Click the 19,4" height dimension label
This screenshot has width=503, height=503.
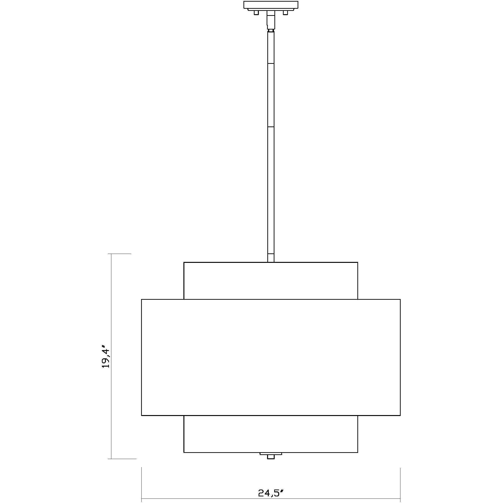106,357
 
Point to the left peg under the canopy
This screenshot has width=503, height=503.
256,13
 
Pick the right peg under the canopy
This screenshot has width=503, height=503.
286,13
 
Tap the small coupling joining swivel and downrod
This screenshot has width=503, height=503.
271,30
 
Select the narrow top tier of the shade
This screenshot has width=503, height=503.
271,281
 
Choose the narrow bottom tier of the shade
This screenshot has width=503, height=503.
271,434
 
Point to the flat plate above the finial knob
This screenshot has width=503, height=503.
271,454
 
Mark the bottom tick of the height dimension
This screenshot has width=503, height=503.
122,459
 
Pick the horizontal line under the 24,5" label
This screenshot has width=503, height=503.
271,499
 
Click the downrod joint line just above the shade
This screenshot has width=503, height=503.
271,254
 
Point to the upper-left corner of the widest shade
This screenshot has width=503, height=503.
141,299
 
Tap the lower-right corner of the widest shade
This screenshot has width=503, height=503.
400,415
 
